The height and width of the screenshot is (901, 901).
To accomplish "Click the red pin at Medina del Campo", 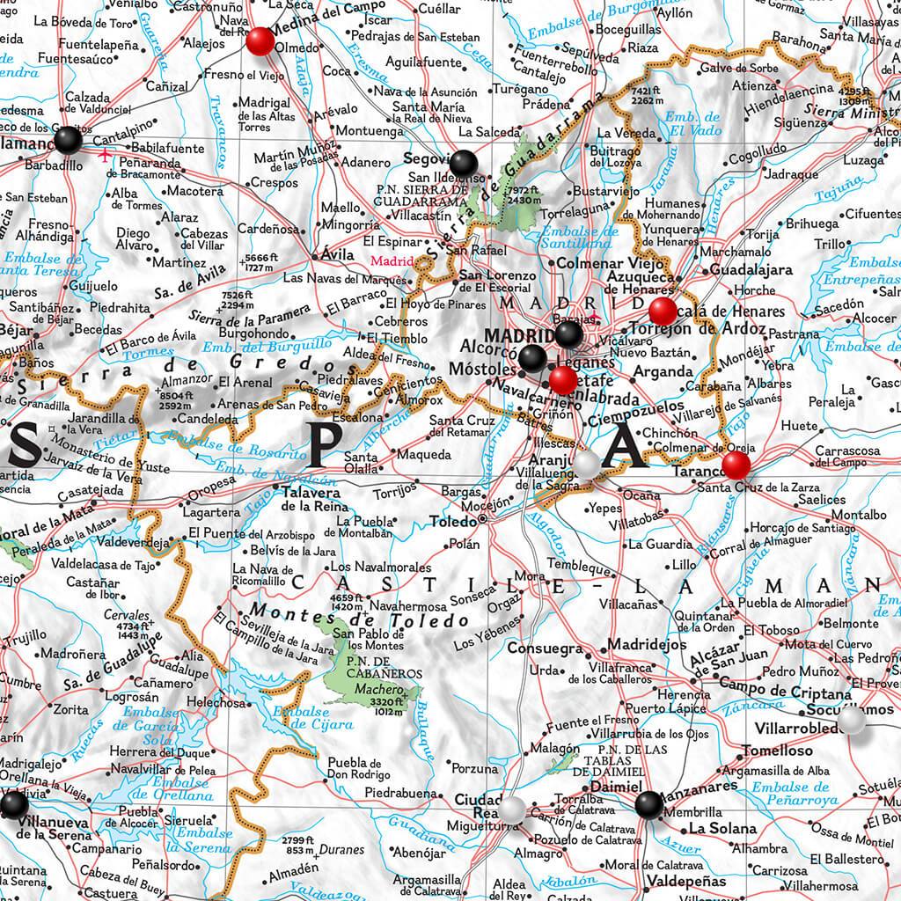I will click(x=260, y=41).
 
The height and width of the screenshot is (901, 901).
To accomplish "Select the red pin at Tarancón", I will click(x=736, y=465).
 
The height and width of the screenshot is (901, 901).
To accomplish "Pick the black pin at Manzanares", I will click(x=648, y=804).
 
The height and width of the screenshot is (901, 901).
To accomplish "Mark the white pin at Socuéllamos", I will click(x=852, y=721).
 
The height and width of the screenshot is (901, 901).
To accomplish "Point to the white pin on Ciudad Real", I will click(x=513, y=808).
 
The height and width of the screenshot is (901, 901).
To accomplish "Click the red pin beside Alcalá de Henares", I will click(x=663, y=311).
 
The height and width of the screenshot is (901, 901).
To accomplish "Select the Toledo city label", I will click(x=451, y=520).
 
